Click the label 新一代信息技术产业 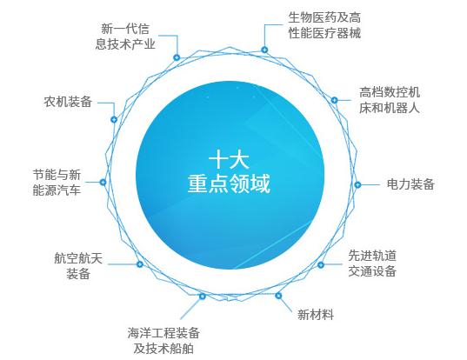coord(125,37)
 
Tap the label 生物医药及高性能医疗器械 coord(324,25)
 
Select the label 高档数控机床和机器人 coord(390,100)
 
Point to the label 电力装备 coord(410,184)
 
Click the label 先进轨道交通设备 coord(372,263)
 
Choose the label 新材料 coord(316,315)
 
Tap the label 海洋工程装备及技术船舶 coord(163,341)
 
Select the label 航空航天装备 coord(78,265)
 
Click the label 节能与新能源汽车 coord(57,183)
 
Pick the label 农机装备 coord(68,102)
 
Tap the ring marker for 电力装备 coord(357,184)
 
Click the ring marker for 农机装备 coord(114,119)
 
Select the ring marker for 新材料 coord(278,296)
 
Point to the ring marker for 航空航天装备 coord(139,263)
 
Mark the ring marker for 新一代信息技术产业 coord(177,57)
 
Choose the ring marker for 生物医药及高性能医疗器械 coord(264,50)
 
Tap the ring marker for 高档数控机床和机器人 coord(335,100)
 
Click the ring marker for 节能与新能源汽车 coord(103,182)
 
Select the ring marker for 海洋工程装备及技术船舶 coord(203,296)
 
